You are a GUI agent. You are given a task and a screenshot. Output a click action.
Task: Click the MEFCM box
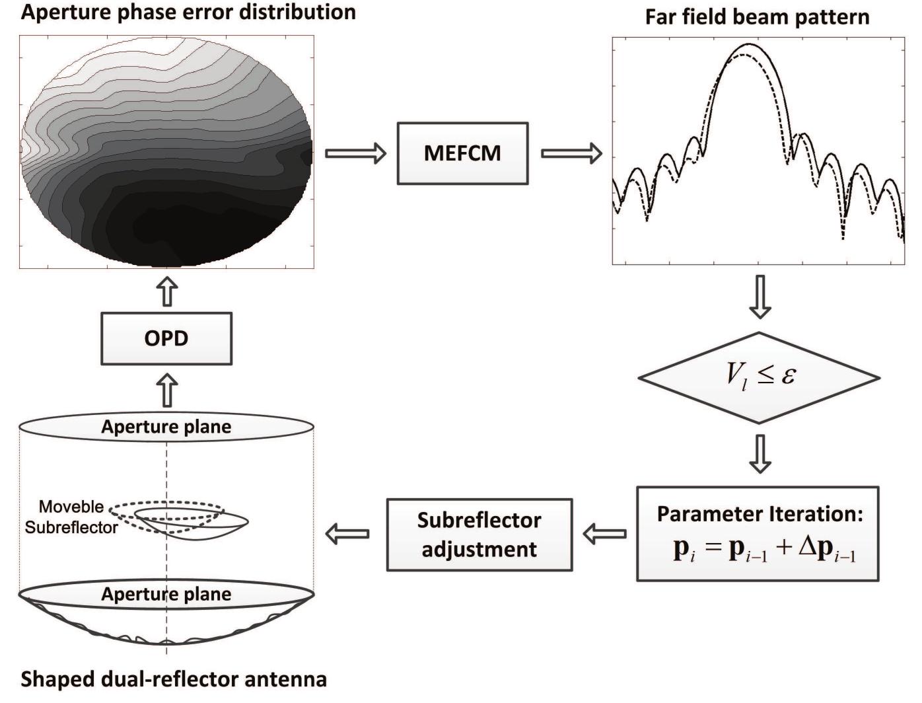462,153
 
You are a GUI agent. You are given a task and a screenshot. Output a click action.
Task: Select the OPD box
166,338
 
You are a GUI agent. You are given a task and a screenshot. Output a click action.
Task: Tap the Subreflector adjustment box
479,535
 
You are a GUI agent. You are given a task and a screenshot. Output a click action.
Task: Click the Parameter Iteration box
758,534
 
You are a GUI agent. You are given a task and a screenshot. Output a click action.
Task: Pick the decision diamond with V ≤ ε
759,378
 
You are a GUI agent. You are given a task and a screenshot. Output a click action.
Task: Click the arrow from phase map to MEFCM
355,153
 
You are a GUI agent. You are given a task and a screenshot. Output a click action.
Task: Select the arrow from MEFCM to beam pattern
571,153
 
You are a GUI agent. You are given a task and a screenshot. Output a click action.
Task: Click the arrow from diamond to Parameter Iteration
760,453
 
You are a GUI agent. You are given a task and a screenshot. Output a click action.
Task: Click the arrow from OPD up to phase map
166,291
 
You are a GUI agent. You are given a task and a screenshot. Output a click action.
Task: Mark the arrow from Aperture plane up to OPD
166,390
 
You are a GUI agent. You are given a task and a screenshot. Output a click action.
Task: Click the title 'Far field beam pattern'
757,17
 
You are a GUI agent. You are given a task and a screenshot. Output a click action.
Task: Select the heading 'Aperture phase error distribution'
188,11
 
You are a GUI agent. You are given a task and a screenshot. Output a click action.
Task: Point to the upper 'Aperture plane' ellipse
166,427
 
